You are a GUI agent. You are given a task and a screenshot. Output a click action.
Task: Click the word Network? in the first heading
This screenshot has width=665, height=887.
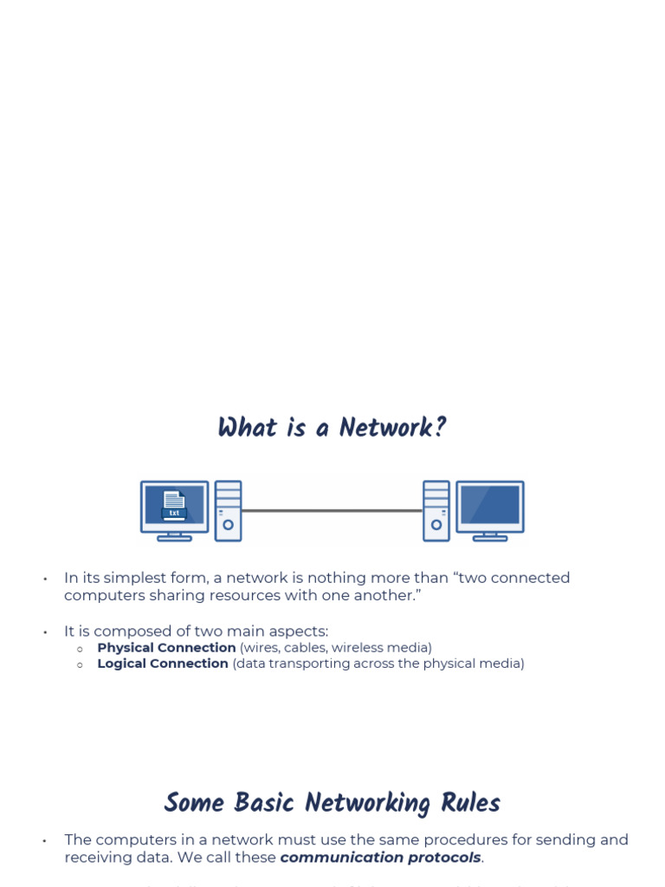[x=392, y=428]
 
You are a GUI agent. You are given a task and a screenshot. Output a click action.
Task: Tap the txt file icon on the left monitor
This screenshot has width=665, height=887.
[x=174, y=504]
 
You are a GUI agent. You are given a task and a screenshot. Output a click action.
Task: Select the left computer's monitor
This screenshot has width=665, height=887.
[x=174, y=506]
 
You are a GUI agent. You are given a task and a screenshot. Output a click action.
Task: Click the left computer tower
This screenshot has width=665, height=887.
[x=228, y=511]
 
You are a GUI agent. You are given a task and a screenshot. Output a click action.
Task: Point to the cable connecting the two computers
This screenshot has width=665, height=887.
[x=332, y=511]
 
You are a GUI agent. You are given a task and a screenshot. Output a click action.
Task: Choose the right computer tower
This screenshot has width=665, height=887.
[x=436, y=511]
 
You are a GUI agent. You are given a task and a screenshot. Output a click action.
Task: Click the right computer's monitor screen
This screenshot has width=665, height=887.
[x=490, y=504]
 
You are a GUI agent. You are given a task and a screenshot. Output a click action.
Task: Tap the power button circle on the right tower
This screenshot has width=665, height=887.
[x=436, y=524]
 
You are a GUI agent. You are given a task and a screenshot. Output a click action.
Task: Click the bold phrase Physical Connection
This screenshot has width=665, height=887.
[x=166, y=648]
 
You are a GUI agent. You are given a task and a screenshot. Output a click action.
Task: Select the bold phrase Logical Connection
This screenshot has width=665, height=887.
[x=163, y=664]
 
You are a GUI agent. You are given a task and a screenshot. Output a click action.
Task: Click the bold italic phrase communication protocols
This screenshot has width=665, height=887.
[x=380, y=858]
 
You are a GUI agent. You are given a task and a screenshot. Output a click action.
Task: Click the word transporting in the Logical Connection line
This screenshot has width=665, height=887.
[x=308, y=664]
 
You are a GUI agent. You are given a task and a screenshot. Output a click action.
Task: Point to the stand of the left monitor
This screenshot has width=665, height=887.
[x=174, y=536]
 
